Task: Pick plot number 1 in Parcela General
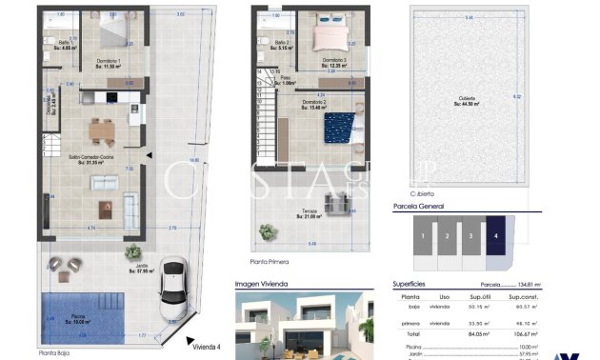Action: pyautogui.click(x=422, y=234)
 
